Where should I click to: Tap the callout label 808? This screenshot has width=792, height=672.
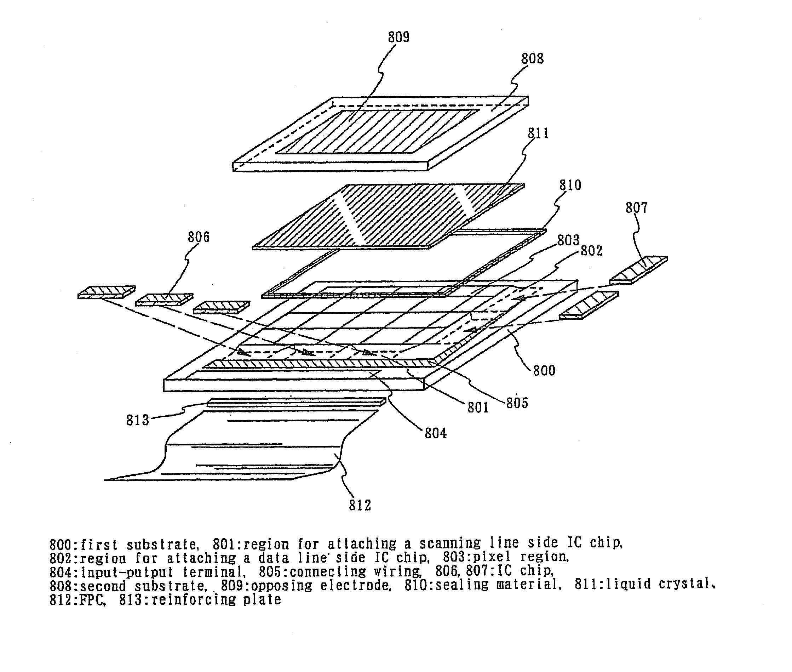pos(532,59)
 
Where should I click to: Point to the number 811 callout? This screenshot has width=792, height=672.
pos(538,133)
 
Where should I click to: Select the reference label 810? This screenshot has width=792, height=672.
pos(570,186)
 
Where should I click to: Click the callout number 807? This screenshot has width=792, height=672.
pos(636,208)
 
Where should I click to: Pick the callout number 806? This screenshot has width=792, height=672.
pos(199,237)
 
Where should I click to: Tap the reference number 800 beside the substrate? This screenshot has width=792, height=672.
pos(544,371)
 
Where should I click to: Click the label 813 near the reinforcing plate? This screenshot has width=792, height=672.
pos(137,421)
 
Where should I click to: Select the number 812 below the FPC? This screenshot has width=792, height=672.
pos(360,506)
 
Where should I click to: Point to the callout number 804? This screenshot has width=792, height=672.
pos(436,433)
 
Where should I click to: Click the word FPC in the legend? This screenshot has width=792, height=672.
pos(92,600)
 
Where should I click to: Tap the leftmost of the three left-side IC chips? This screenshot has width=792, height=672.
pos(106,292)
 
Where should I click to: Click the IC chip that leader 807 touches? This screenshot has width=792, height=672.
pos(638,270)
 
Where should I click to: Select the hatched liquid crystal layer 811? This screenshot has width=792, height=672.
pos(388,215)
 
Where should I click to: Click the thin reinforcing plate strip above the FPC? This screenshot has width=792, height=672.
pos(296,402)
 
